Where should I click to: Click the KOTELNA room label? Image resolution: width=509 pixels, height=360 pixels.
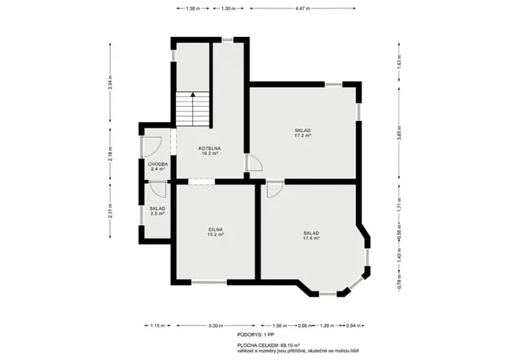coord(209,148)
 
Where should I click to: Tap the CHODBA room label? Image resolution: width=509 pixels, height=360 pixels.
coord(158,164)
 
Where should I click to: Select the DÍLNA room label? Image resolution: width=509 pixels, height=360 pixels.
coord(215,229)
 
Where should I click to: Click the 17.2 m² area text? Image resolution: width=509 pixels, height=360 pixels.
coord(302,136)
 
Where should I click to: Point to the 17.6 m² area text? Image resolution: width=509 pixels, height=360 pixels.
coord(311,238)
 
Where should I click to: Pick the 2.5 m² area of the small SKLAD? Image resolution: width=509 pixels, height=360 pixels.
coord(158,214)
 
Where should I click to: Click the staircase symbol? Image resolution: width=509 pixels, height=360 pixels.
coord(192,110)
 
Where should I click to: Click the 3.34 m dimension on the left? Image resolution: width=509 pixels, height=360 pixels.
coord(111,83)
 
